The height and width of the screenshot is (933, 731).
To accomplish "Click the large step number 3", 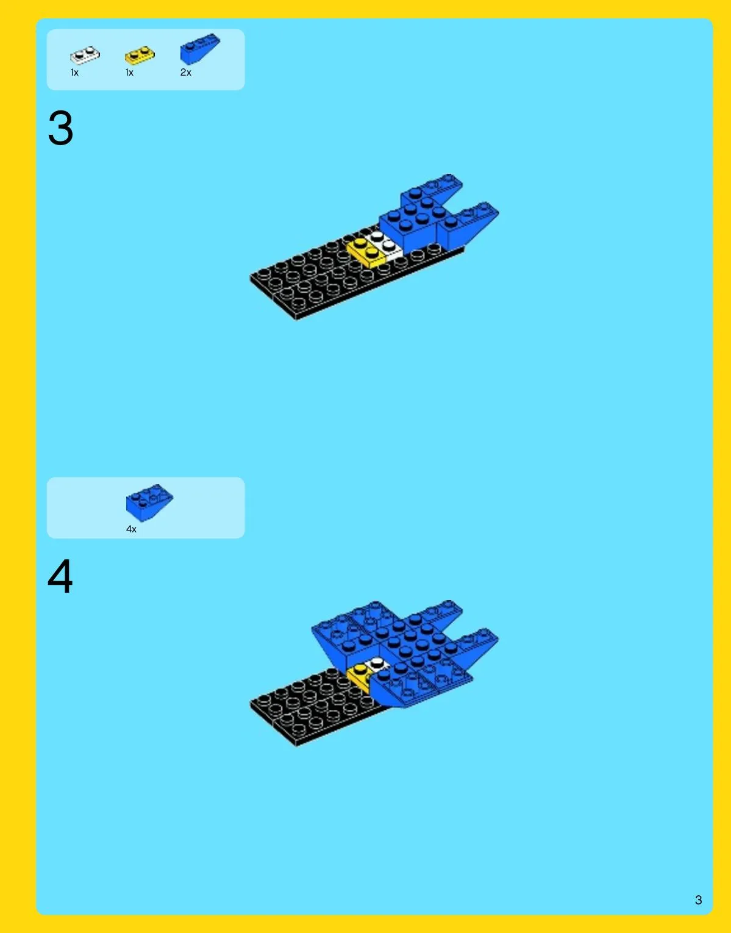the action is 60,127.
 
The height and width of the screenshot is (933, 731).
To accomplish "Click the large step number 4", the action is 60,576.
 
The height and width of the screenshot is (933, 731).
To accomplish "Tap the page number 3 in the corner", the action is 698,900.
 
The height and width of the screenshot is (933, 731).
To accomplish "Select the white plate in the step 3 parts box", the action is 85,55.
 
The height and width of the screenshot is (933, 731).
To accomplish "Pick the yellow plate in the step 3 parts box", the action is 140,55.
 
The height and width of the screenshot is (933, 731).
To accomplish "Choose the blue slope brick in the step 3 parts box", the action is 199,49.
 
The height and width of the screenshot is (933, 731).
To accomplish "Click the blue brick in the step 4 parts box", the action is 149,502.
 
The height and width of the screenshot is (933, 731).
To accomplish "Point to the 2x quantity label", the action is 186,73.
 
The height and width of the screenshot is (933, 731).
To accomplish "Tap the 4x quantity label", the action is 131,529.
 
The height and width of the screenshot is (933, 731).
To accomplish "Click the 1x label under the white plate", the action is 75,73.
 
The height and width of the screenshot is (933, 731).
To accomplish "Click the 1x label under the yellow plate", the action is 130,73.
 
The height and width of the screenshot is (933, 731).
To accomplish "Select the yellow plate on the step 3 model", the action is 366,252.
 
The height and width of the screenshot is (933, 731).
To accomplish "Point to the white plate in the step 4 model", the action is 378,664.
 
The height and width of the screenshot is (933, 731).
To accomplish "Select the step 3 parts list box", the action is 146,60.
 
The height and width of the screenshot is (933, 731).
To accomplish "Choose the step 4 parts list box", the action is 146,508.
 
